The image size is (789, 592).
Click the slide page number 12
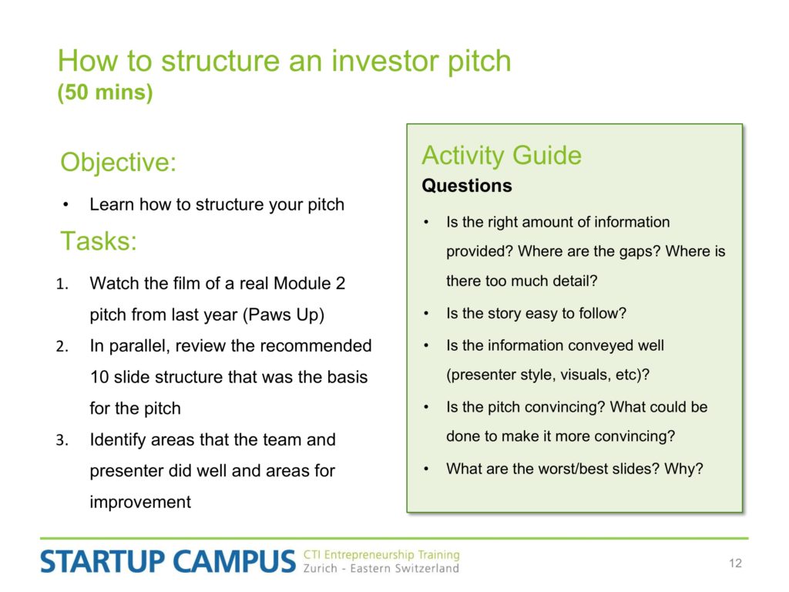coord(735,563)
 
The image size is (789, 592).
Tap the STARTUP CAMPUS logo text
coord(168,561)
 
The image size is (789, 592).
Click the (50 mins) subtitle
coord(105,92)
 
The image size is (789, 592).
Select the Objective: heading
coord(118,163)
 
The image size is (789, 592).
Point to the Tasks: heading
coord(99,241)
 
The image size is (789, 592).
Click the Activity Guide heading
coord(502,155)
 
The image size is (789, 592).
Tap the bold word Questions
coord(467,186)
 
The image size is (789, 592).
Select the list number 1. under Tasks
coord(62,284)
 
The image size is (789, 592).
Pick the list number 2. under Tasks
coord(62,347)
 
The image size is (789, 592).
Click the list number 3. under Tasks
coord(62,440)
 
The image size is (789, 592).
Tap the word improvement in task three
coord(140,502)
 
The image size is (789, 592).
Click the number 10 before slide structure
coord(99,377)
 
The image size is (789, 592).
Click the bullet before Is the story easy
coord(426,314)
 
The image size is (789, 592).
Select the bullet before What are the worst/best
coord(426,469)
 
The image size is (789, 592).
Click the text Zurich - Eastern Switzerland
coord(381,568)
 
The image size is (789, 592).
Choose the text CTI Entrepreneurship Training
coord(381,555)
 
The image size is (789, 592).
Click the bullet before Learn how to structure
coord(66,205)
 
